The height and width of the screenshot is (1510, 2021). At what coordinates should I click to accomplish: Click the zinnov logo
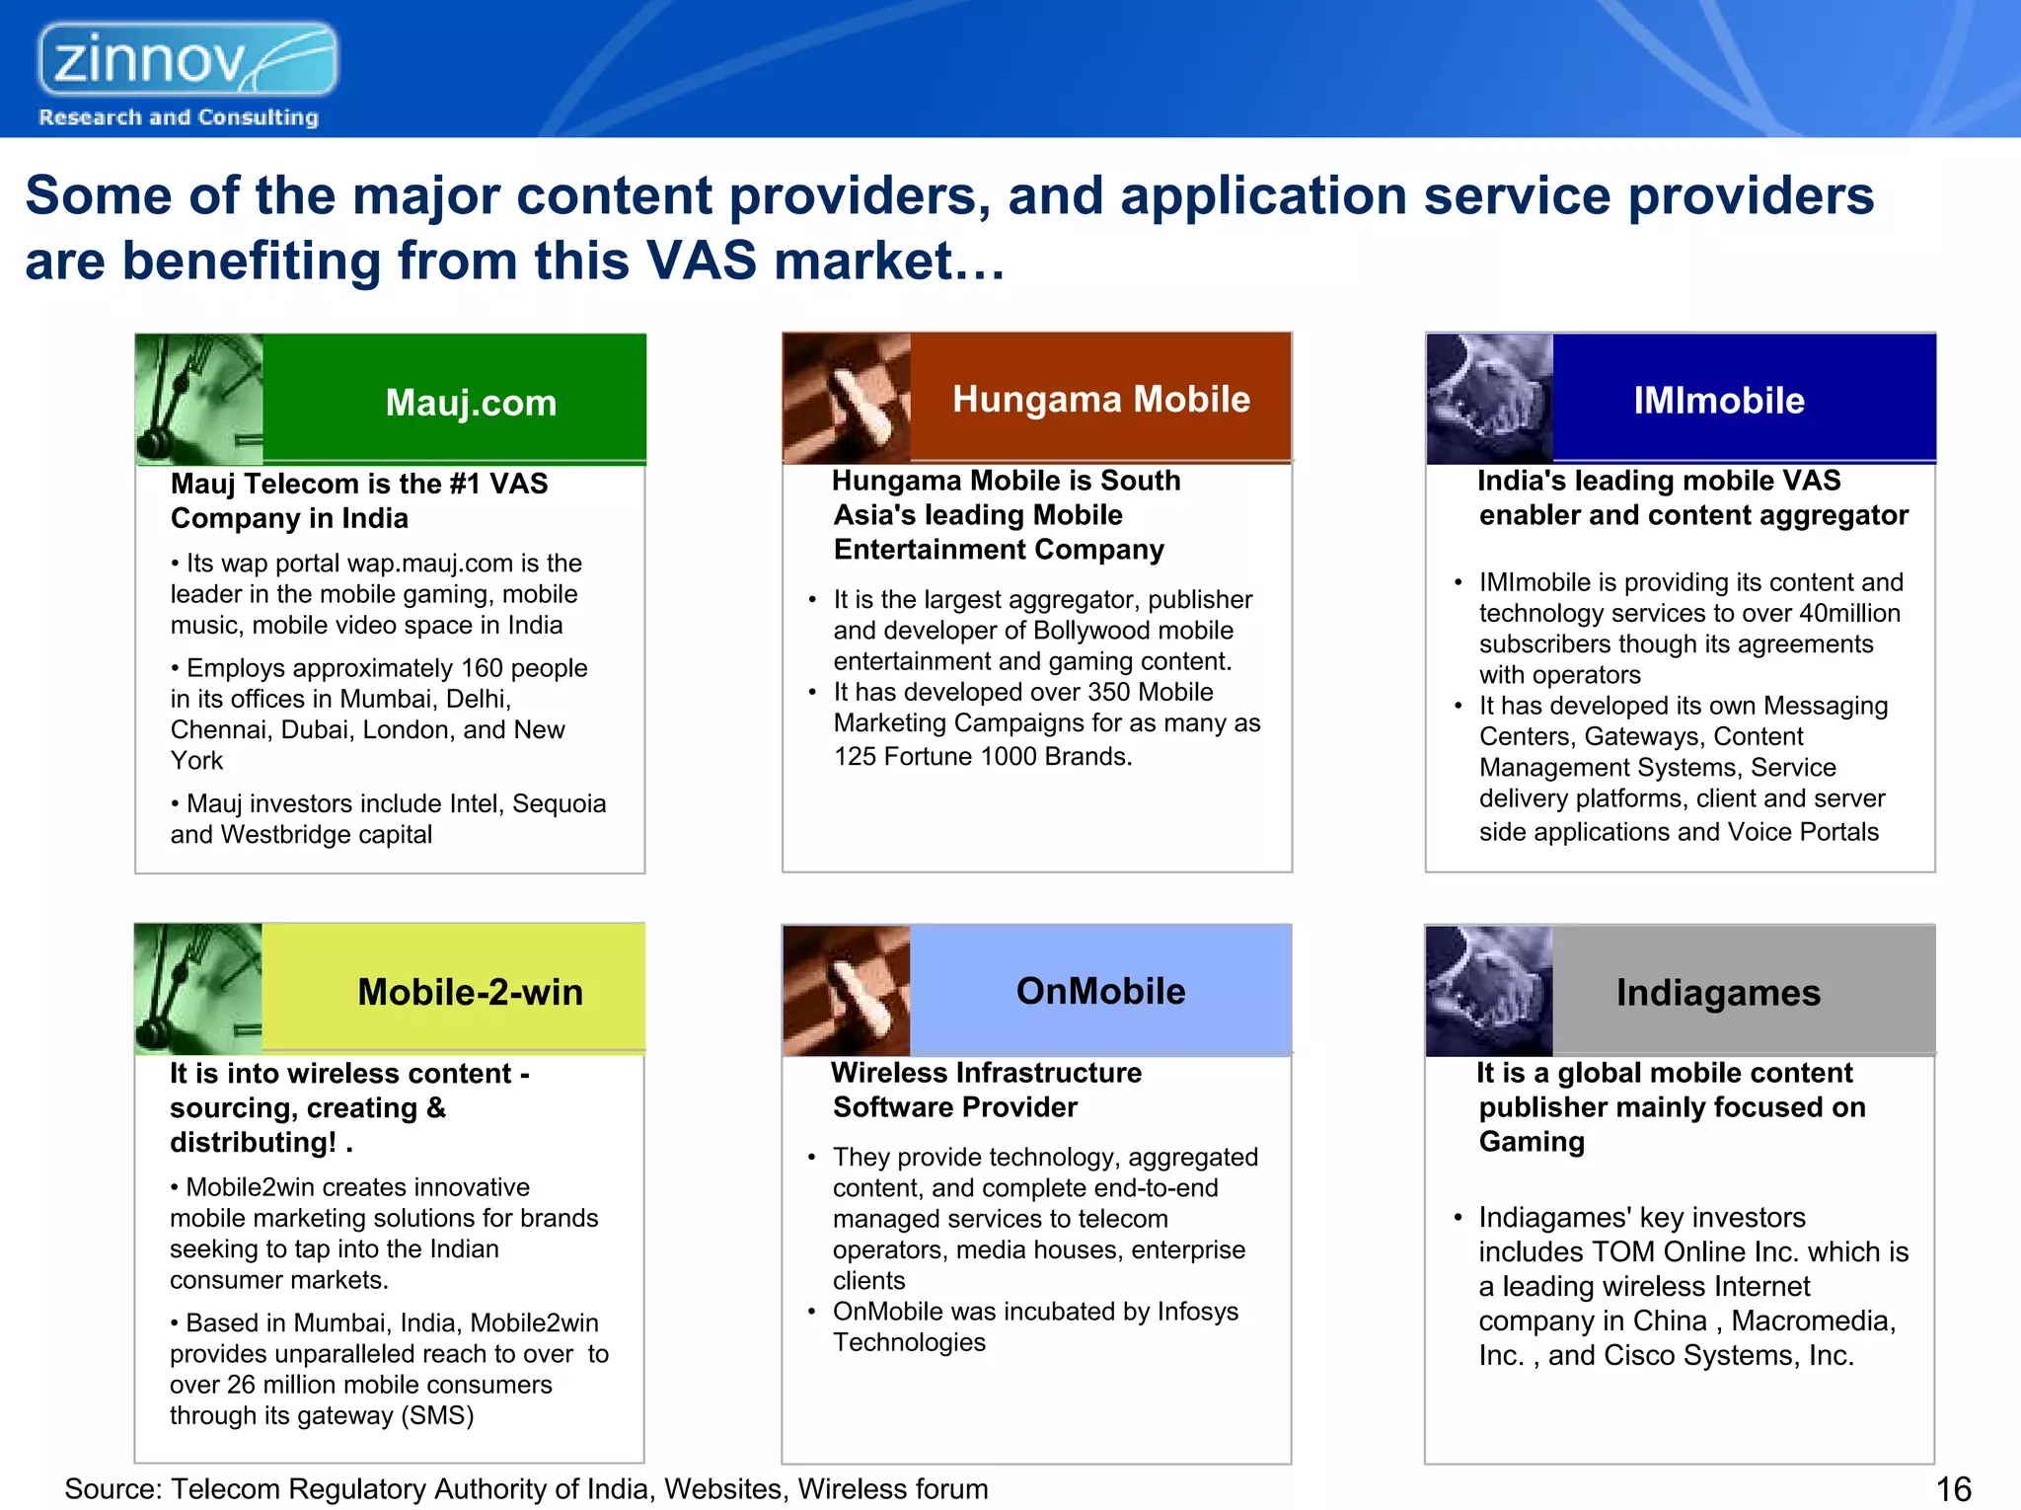tap(187, 61)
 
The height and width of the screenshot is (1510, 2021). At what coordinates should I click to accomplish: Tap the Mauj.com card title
tap(471, 403)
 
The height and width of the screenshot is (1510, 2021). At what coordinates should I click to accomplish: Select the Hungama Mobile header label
tap(1100, 399)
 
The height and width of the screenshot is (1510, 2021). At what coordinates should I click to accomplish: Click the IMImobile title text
tap(1718, 401)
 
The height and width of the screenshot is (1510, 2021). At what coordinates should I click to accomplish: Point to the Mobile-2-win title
tap(470, 992)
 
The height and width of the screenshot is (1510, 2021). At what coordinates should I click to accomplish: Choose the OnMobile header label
tap(1100, 991)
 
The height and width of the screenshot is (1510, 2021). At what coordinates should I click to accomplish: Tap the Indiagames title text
tap(1718, 993)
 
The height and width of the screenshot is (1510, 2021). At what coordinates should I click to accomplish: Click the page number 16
tap(1953, 1488)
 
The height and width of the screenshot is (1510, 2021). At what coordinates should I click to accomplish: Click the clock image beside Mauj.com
tap(198, 399)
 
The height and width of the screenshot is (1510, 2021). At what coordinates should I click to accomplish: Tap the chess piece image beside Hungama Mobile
tap(846, 399)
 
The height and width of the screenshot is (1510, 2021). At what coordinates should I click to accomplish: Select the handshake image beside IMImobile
tap(1489, 399)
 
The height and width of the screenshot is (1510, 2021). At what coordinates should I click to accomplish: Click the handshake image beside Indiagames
tap(1489, 991)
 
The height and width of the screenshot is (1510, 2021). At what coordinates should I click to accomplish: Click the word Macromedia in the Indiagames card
tap(1813, 1321)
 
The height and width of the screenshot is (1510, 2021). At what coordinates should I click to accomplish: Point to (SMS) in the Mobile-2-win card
tap(436, 1415)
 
